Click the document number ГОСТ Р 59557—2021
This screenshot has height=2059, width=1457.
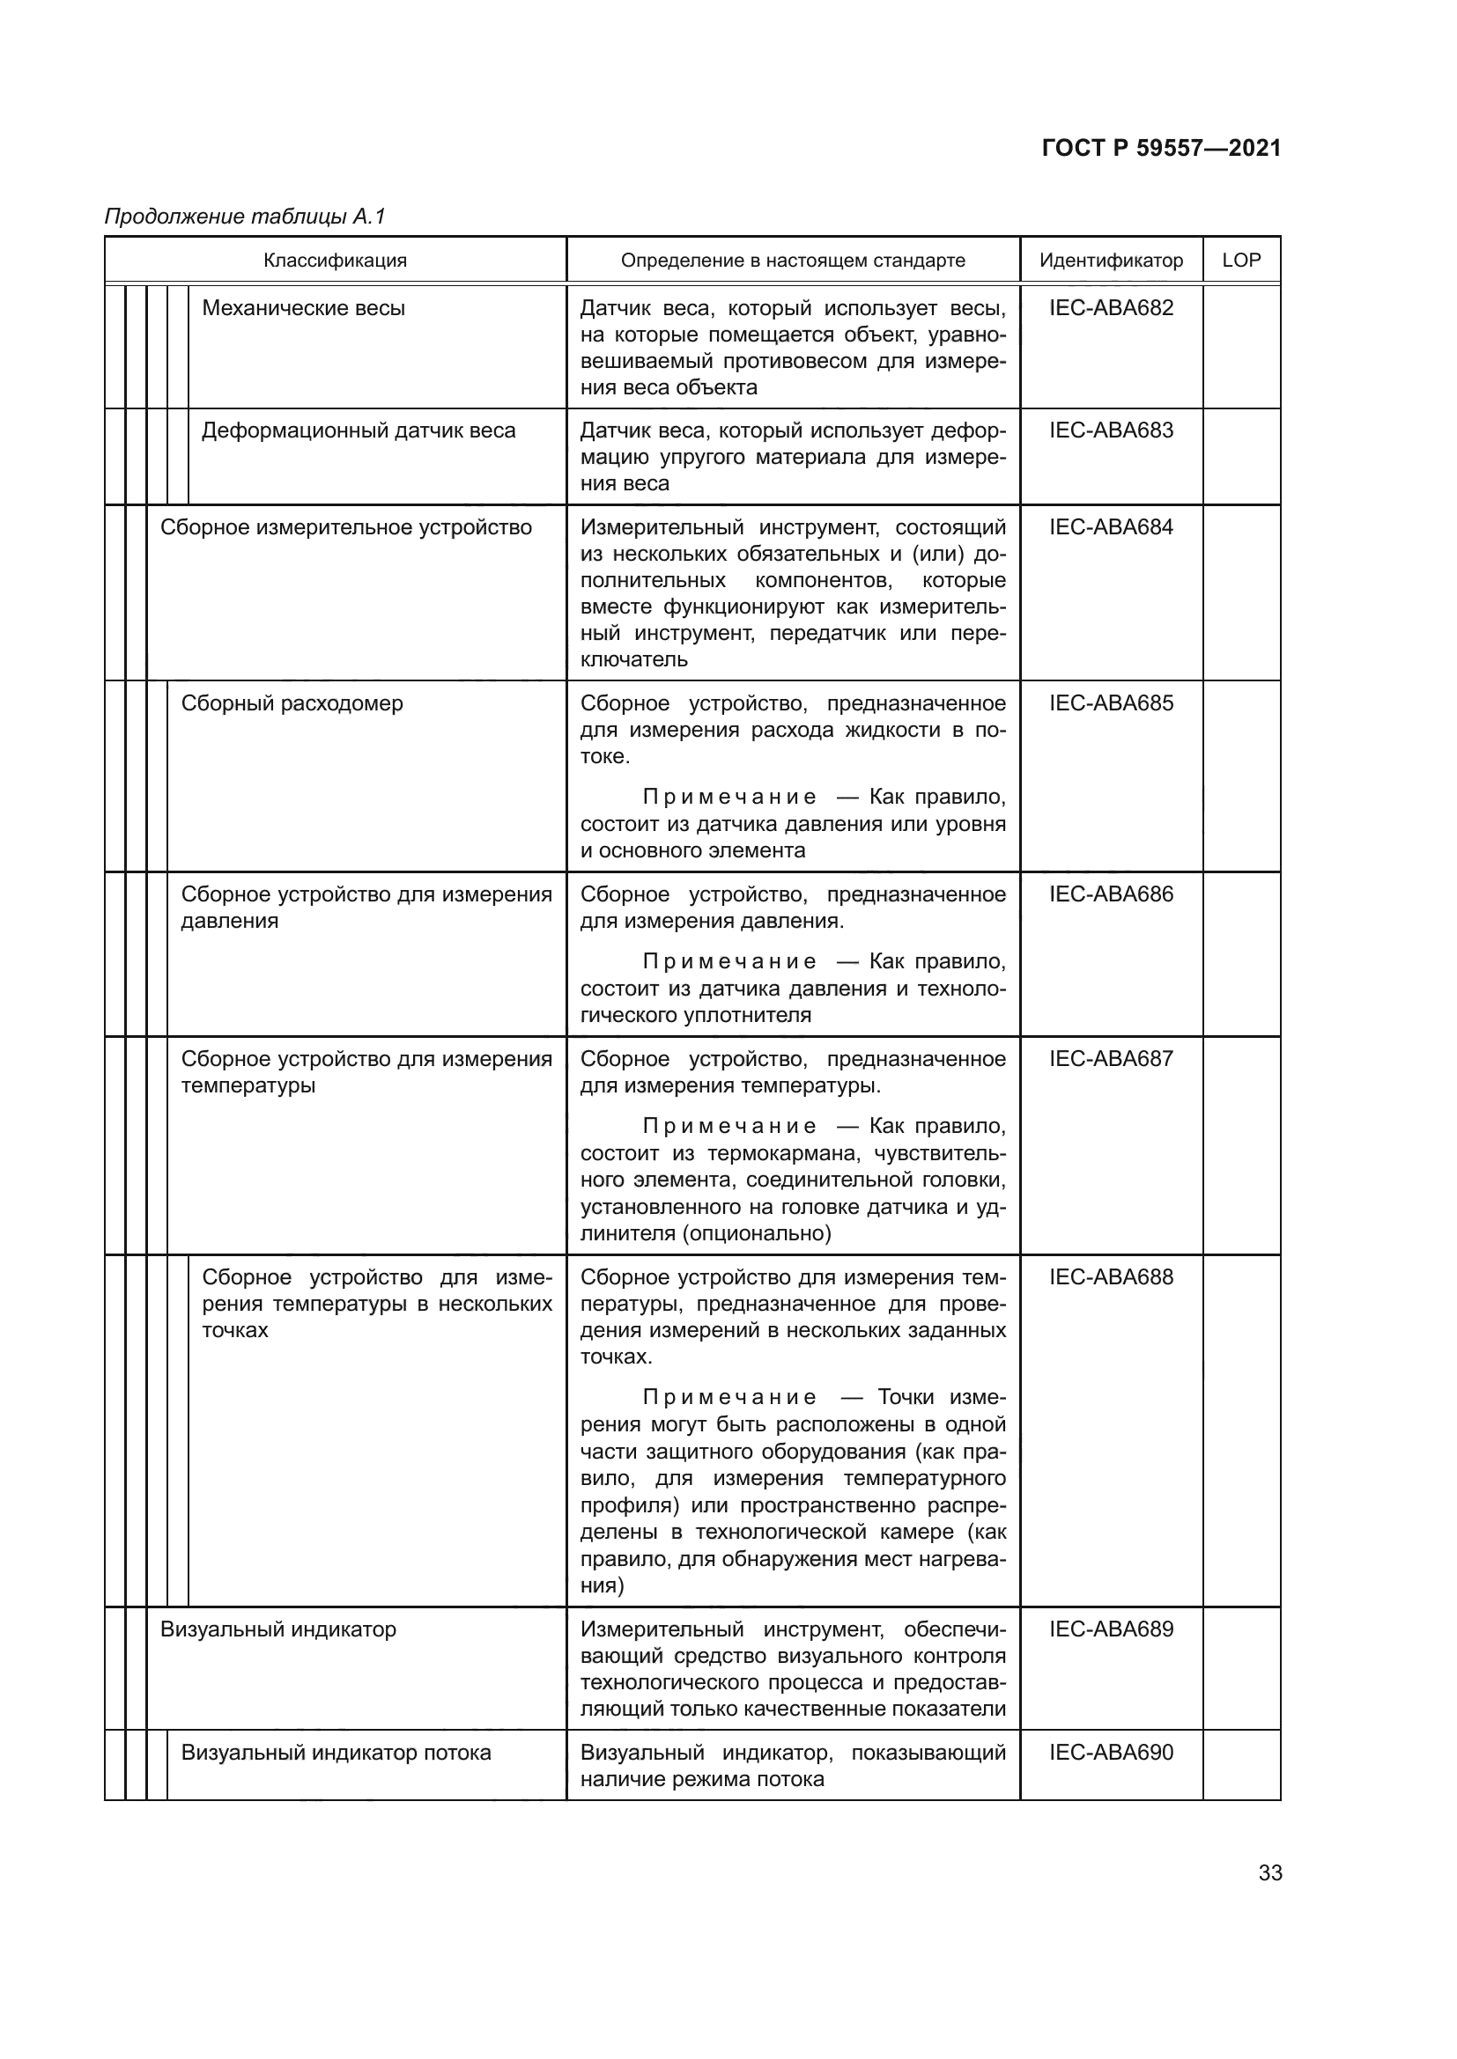pyautogui.click(x=1161, y=148)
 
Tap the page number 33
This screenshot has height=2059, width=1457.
pyautogui.click(x=1269, y=1872)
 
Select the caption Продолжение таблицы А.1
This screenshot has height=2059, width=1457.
pyautogui.click(x=245, y=217)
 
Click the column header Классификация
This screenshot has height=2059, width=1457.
pyautogui.click(x=335, y=260)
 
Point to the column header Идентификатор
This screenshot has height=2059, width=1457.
pyautogui.click(x=1111, y=260)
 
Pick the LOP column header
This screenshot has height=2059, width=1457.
pyautogui.click(x=1241, y=260)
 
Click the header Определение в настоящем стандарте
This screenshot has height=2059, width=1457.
pyautogui.click(x=792, y=260)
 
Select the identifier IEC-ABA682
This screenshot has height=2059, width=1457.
pyautogui.click(x=1111, y=307)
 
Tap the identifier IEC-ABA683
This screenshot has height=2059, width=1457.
pyautogui.click(x=1111, y=430)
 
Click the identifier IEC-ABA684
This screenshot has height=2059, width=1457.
pyautogui.click(x=1111, y=526)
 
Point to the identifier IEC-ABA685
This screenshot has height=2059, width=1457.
pyautogui.click(x=1111, y=702)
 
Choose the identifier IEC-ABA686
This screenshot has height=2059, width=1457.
pyautogui.click(x=1111, y=893)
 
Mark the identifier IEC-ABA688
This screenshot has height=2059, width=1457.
pyautogui.click(x=1111, y=1276)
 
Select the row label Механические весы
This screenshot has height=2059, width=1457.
pyautogui.click(x=303, y=307)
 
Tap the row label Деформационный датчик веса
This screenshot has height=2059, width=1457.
pyautogui.click(x=358, y=430)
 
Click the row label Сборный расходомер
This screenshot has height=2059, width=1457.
pyautogui.click(x=292, y=703)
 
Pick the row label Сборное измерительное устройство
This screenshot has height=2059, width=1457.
pyautogui.click(x=345, y=527)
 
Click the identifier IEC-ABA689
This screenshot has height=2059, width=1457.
pyautogui.click(x=1111, y=1629)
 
